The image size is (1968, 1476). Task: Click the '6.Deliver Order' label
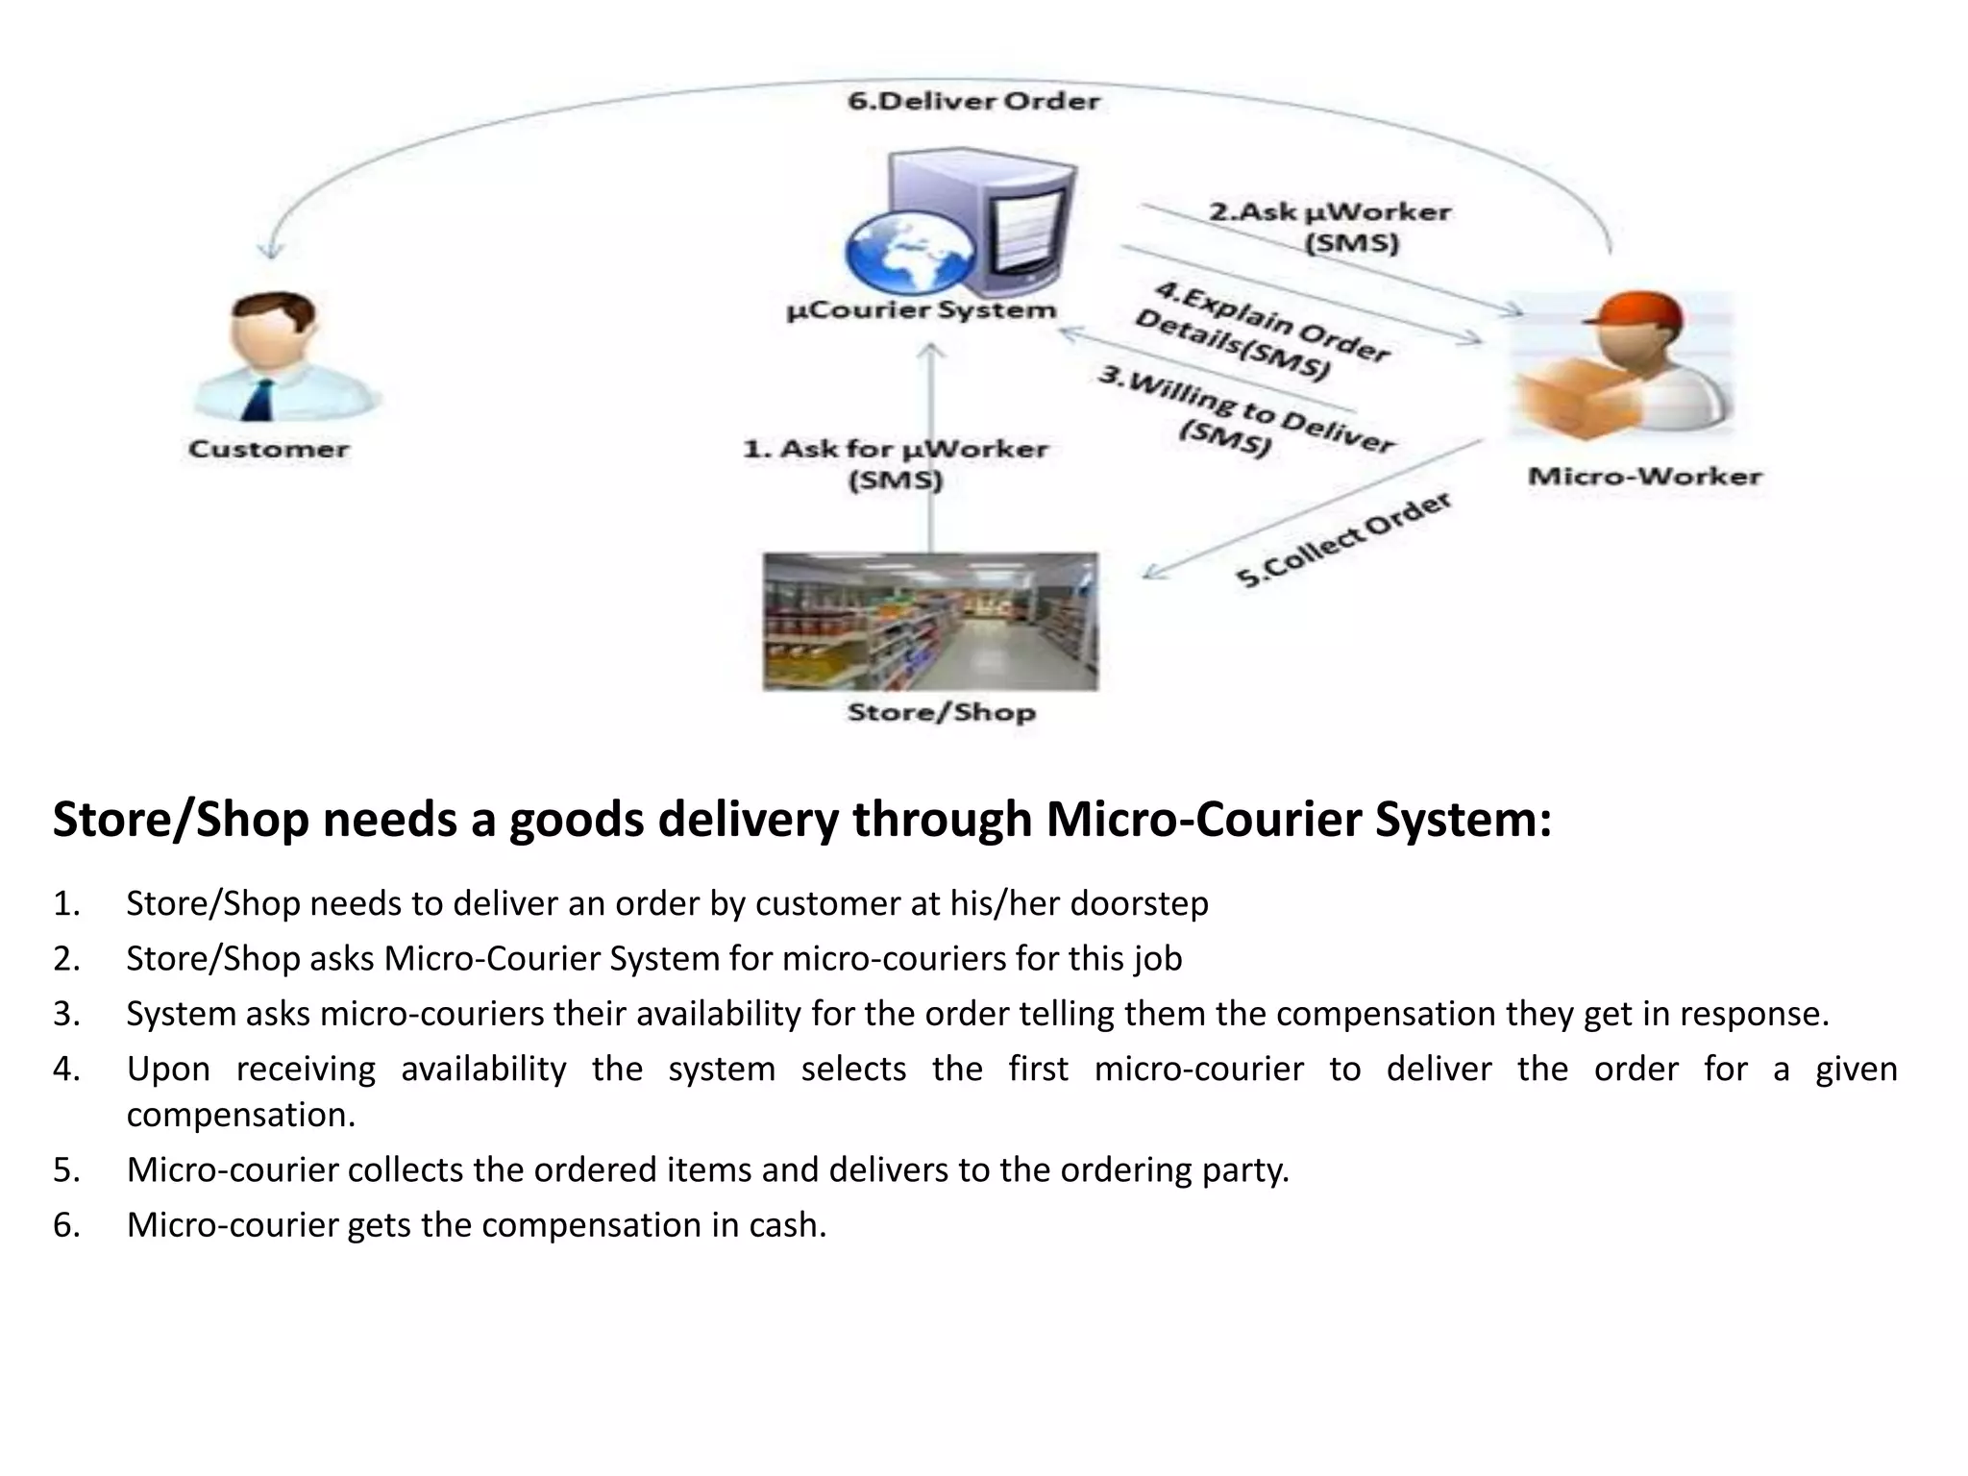coord(973,101)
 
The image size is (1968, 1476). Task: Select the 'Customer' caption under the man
coord(269,449)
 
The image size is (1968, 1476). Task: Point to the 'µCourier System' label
coord(922,310)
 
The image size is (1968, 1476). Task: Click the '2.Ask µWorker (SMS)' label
coord(1331,227)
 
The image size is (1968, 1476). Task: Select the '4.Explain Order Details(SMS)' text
coord(1261,332)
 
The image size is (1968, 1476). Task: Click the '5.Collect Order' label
coord(1341,540)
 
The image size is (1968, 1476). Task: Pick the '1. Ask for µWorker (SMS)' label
coord(895,463)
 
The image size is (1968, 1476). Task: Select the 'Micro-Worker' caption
coord(1644,477)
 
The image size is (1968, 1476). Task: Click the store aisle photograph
coord(930,621)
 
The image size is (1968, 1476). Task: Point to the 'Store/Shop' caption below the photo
coord(941,712)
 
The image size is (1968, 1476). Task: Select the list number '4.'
coord(66,1069)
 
